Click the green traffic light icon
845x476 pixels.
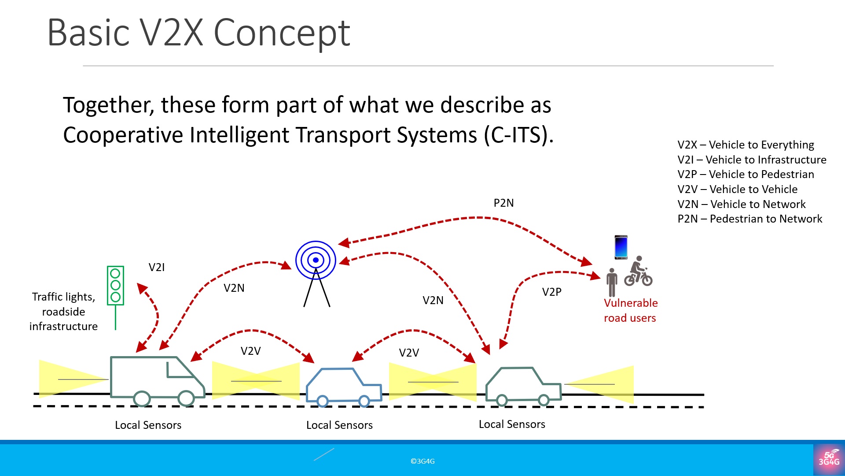pos(115,286)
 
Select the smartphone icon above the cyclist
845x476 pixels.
pos(621,247)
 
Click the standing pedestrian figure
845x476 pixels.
pos(612,283)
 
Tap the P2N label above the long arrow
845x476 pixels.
pos(503,203)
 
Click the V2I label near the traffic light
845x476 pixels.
pos(156,267)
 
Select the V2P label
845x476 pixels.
pos(551,292)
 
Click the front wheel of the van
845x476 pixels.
pos(186,398)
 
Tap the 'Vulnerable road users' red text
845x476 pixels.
pos(630,310)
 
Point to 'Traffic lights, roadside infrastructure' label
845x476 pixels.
pos(63,311)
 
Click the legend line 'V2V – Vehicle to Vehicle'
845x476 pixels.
pos(737,189)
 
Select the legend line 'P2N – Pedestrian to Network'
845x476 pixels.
pos(749,219)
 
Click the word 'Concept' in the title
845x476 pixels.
pos(282,33)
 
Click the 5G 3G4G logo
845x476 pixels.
pos(829,459)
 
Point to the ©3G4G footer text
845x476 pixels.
pos(422,461)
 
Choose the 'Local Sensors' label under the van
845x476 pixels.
pos(148,425)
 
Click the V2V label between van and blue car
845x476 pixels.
pos(250,351)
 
